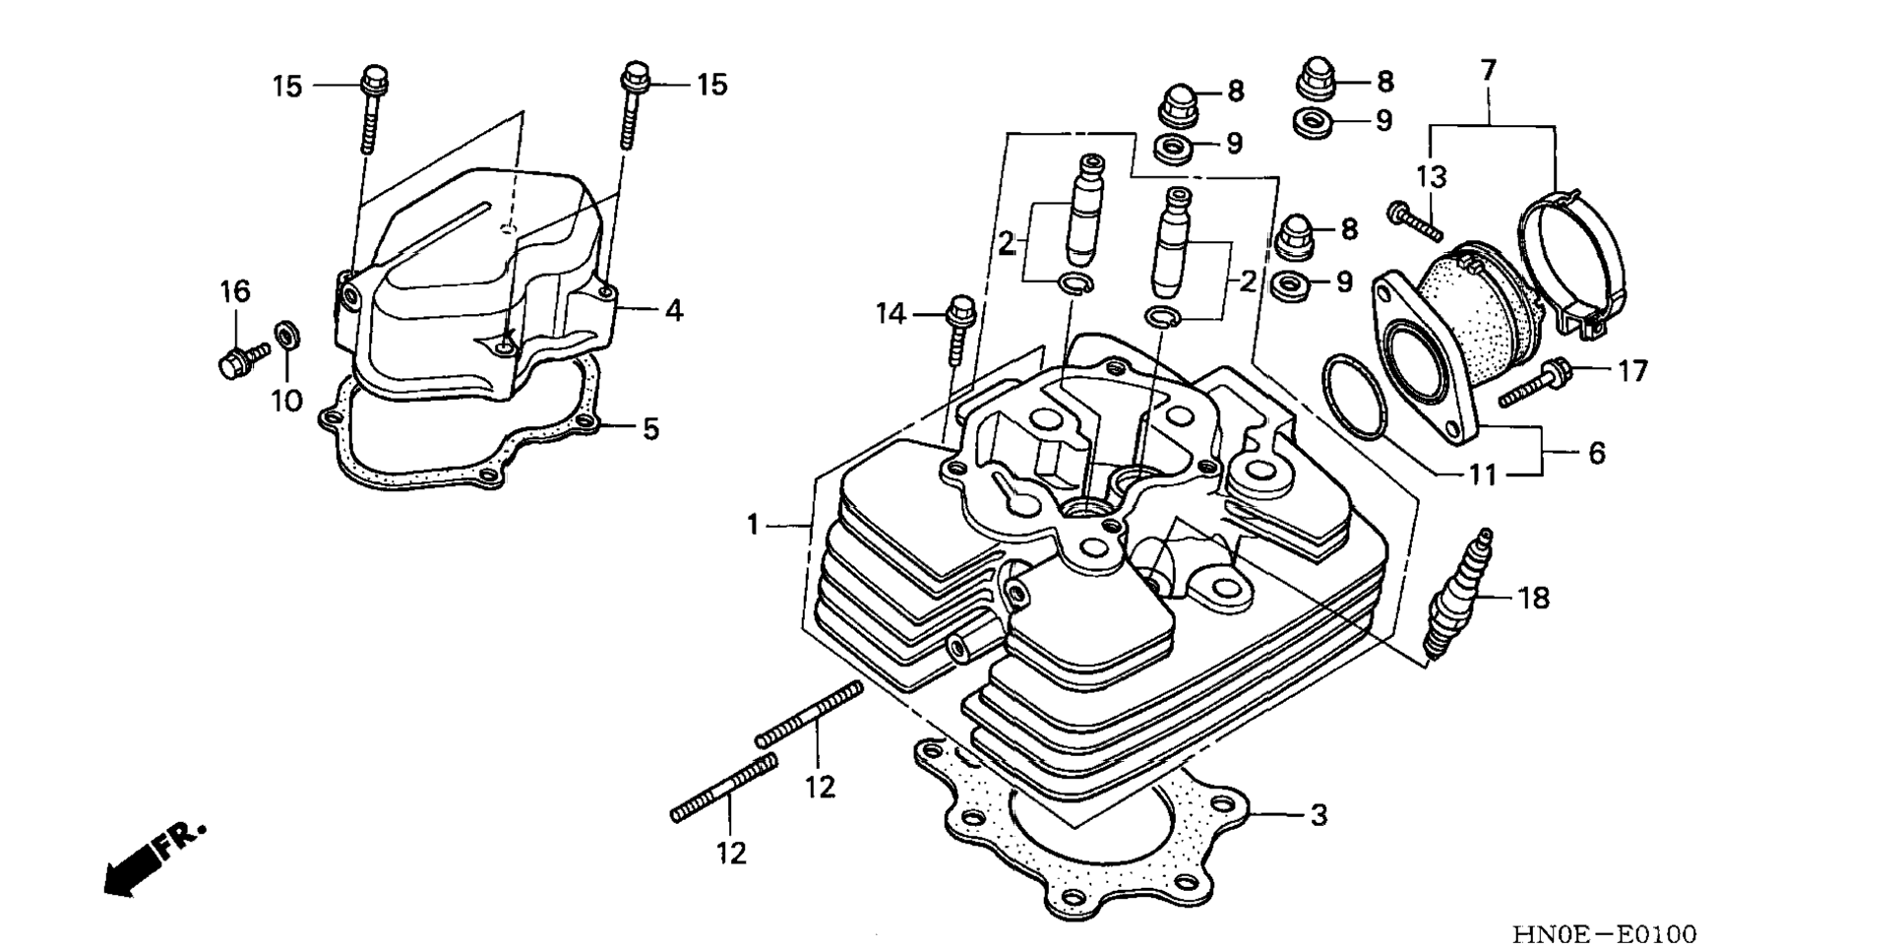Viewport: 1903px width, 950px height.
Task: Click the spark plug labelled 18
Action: [x=1458, y=595]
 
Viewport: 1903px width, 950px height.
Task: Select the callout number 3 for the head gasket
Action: [x=1319, y=815]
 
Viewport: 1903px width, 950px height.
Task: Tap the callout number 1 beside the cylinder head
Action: [x=753, y=526]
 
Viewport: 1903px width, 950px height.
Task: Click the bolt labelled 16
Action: [x=242, y=359]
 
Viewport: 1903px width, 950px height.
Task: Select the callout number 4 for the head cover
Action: [x=673, y=311]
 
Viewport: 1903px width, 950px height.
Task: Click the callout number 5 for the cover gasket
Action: [x=650, y=429]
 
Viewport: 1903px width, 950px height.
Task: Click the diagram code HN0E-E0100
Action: [x=1604, y=933]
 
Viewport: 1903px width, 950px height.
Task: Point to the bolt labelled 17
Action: [x=1536, y=384]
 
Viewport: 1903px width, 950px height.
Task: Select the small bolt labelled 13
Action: [x=1415, y=221]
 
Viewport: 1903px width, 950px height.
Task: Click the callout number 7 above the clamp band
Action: [x=1489, y=71]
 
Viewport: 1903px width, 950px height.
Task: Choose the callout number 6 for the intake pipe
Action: [x=1596, y=453]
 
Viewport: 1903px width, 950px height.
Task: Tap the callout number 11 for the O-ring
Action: [x=1483, y=475]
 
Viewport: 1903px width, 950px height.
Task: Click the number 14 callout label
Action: [x=891, y=314]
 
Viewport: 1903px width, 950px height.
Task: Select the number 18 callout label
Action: [x=1534, y=598]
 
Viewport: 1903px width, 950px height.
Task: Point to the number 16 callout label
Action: [x=234, y=291]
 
